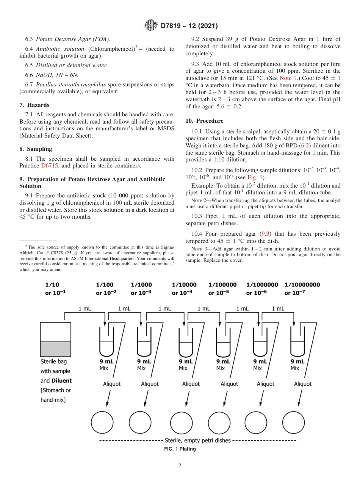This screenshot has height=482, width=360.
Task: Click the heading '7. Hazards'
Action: pos(34,105)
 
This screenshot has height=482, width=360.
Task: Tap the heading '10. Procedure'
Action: pos(204,121)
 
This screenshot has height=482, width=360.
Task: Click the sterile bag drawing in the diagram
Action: pos(55,339)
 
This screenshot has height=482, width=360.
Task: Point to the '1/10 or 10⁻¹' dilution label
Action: pos(55,289)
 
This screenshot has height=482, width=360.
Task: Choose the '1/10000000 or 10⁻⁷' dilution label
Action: pos(302,289)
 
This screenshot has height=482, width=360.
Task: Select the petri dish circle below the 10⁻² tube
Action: pos(102,423)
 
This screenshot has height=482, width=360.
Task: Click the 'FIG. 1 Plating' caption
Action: pos(180,449)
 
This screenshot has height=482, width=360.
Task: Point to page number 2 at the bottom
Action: pos(180,466)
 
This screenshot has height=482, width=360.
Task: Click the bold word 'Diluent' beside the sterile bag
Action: pos(62,381)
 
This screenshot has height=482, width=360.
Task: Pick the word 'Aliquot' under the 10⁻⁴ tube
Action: pos(191,384)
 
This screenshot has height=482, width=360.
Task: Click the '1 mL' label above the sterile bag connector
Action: pos(85,309)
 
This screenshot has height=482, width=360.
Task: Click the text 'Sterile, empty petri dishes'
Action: pos(197,441)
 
